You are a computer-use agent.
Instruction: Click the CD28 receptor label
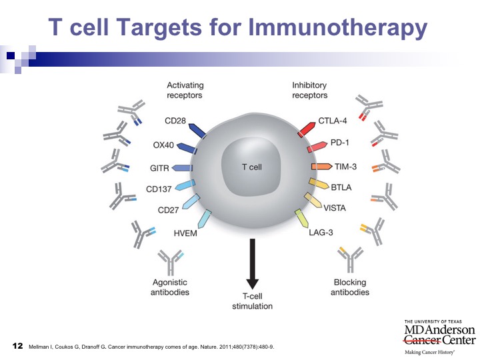[x=175, y=121]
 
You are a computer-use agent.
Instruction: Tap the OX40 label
[x=163, y=145]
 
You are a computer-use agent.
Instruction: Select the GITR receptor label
[x=159, y=168]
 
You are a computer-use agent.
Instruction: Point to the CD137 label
[x=159, y=189]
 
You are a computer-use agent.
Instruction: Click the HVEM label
[x=185, y=233]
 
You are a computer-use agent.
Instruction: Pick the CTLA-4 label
[x=333, y=121]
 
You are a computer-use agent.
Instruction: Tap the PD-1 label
[x=339, y=143]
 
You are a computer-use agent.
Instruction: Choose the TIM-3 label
[x=345, y=167]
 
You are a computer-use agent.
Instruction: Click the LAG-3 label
[x=321, y=233]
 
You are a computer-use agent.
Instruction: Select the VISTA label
[x=335, y=208]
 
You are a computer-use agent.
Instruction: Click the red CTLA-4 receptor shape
[x=307, y=129]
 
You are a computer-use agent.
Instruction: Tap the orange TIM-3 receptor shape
[x=321, y=167]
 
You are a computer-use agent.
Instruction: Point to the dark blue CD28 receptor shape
[x=197, y=131]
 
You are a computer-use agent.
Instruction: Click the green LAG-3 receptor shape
[x=301, y=218]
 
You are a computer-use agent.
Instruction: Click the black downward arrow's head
[x=252, y=284]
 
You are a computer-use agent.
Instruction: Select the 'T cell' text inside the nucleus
[x=251, y=167]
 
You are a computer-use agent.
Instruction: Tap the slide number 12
[x=18, y=346]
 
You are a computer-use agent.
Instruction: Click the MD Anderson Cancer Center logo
[x=439, y=337]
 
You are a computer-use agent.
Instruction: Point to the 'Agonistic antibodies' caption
[x=170, y=287]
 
